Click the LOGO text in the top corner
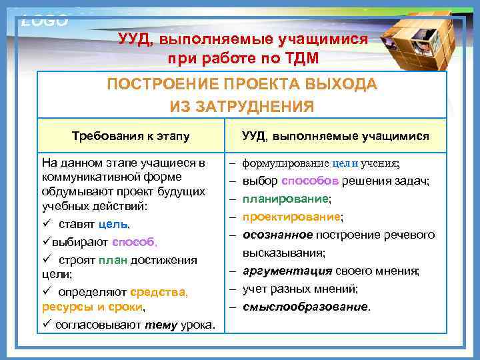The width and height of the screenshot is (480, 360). point(45,20)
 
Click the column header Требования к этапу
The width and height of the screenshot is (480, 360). point(131,137)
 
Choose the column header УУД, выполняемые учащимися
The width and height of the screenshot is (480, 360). point(335,137)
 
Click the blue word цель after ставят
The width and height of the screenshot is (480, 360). point(111,223)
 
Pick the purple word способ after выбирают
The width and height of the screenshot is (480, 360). point(134,241)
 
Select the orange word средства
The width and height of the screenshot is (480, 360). point(159,292)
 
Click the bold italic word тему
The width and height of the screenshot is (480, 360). point(159,325)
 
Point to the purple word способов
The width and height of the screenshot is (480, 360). point(310,181)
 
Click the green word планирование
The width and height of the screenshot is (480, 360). point(285,199)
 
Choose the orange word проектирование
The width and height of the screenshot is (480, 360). point(291,217)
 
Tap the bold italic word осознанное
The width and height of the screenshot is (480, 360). point(278,235)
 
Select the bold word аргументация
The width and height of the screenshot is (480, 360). point(287,271)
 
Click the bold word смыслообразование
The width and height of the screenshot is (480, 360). point(305,307)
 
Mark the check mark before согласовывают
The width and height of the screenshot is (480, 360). point(45,325)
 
